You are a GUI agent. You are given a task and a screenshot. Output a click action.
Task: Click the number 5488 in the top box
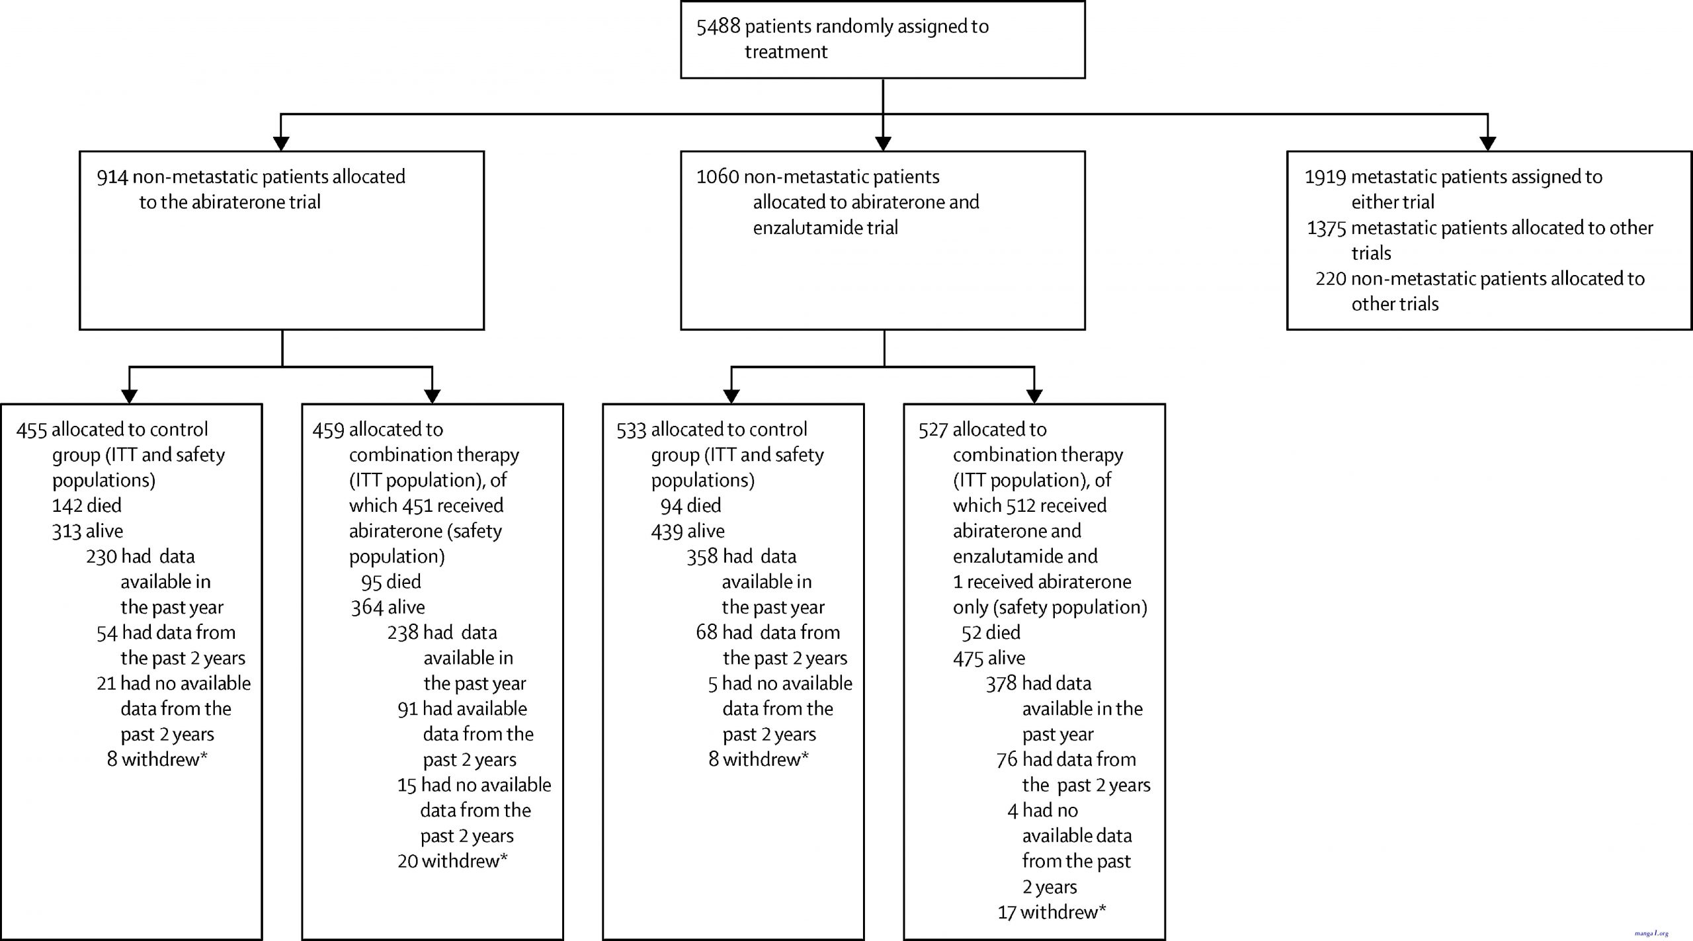(x=718, y=26)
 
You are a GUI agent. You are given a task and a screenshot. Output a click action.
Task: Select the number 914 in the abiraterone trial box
(x=112, y=177)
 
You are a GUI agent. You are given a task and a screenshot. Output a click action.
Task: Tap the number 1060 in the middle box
(x=718, y=177)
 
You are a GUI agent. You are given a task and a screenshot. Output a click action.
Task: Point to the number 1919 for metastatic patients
(x=1325, y=177)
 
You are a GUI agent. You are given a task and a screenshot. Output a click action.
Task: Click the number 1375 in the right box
(x=1327, y=228)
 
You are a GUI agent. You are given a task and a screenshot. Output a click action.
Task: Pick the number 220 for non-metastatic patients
(x=1331, y=278)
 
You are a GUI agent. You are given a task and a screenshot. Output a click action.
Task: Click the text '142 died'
(x=87, y=506)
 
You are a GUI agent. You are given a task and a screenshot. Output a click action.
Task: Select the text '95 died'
(x=391, y=582)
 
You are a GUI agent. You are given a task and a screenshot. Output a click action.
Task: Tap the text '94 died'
(x=690, y=506)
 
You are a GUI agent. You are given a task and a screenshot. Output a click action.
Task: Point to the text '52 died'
(x=991, y=633)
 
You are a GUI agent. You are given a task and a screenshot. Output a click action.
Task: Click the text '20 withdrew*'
(x=452, y=861)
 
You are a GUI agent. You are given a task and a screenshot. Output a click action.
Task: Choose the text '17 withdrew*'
(x=1052, y=913)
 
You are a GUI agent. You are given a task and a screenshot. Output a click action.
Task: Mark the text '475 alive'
(x=989, y=658)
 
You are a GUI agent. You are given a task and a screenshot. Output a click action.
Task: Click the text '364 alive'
(x=388, y=607)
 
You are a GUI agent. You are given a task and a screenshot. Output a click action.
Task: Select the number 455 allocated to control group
(x=32, y=430)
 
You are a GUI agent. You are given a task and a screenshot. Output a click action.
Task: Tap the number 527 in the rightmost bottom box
(x=933, y=430)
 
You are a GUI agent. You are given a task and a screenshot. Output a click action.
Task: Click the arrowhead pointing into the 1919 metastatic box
(x=1487, y=143)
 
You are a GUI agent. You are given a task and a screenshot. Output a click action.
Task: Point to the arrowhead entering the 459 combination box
(x=432, y=396)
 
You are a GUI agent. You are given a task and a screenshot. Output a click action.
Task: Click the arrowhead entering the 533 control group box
(x=731, y=396)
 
